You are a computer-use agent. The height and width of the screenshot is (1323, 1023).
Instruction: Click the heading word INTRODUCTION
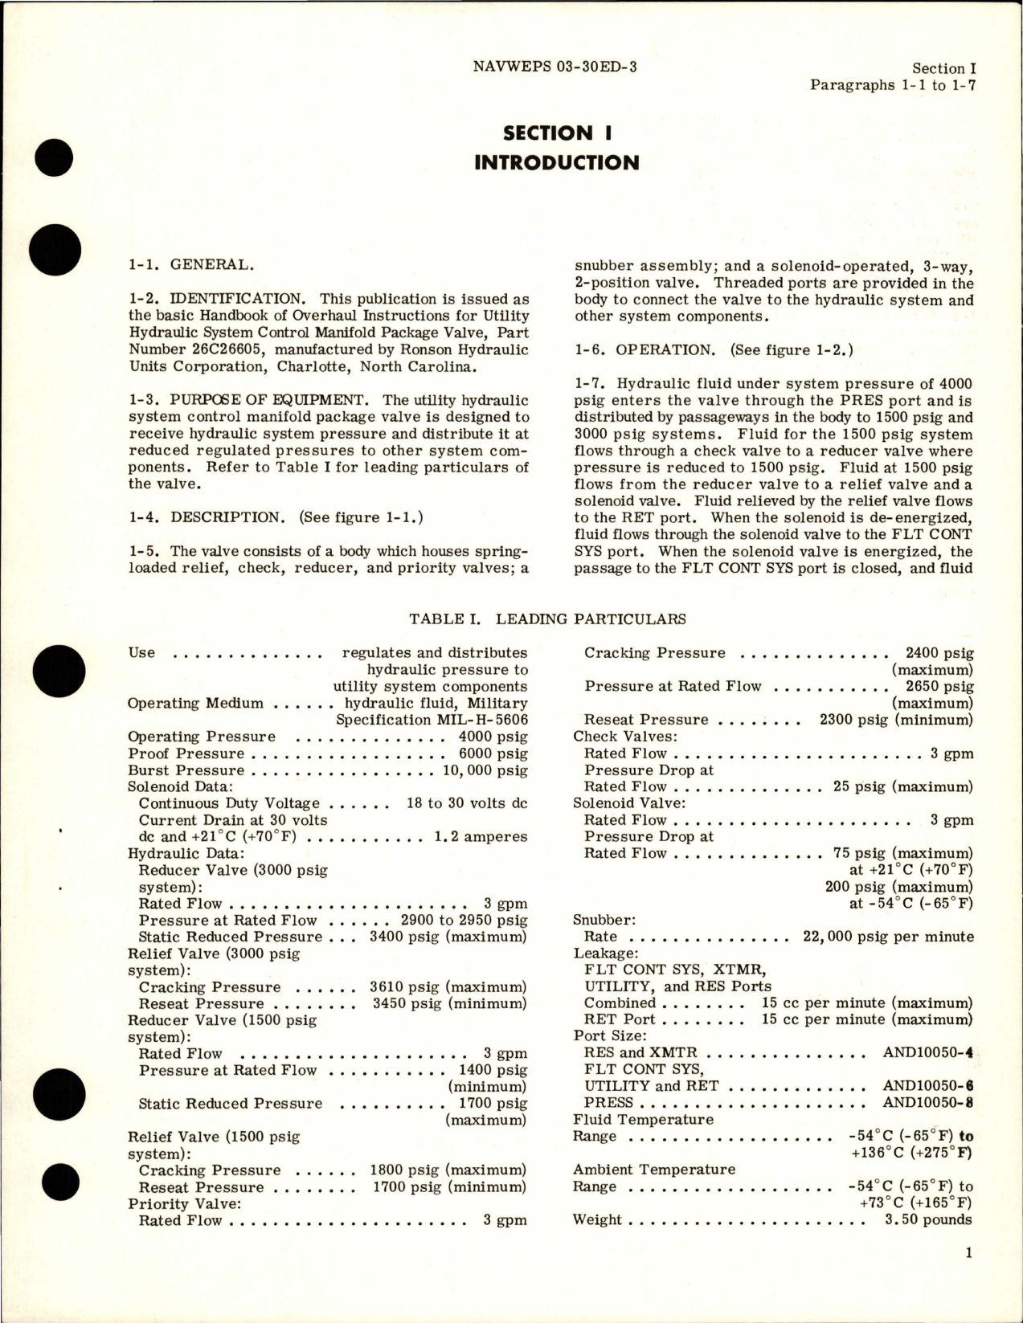pyautogui.click(x=556, y=162)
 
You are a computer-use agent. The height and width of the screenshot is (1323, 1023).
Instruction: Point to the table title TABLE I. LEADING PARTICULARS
pyautogui.click(x=547, y=619)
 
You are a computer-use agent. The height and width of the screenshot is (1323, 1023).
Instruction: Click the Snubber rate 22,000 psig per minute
pyautogui.click(x=888, y=937)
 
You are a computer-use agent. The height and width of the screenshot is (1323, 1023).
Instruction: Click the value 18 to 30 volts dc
pyautogui.click(x=467, y=803)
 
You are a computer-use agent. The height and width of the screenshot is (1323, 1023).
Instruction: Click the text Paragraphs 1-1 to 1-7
pyautogui.click(x=892, y=84)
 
